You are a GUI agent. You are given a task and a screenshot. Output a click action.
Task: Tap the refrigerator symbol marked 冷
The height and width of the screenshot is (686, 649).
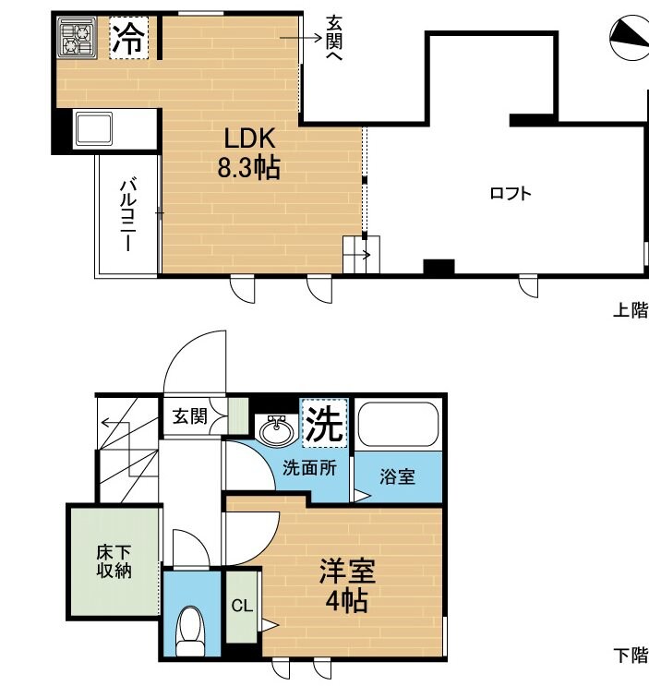[x=127, y=39]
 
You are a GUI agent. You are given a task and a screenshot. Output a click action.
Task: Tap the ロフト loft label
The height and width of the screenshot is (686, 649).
[x=510, y=194]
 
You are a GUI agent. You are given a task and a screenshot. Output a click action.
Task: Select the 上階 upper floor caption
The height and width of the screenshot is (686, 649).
[x=631, y=310]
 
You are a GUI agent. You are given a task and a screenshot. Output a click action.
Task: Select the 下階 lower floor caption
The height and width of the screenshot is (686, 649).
[x=631, y=656]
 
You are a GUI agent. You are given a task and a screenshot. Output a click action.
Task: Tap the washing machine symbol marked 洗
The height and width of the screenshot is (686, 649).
[x=324, y=423]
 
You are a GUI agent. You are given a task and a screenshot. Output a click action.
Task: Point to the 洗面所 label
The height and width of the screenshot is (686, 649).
[x=309, y=467]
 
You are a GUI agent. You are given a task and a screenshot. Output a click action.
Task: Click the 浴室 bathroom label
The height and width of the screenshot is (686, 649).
[x=398, y=476]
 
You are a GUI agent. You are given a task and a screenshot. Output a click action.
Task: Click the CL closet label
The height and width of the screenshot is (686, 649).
[x=242, y=607]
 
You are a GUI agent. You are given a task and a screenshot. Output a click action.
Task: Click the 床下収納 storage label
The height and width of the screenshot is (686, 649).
[x=114, y=561]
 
